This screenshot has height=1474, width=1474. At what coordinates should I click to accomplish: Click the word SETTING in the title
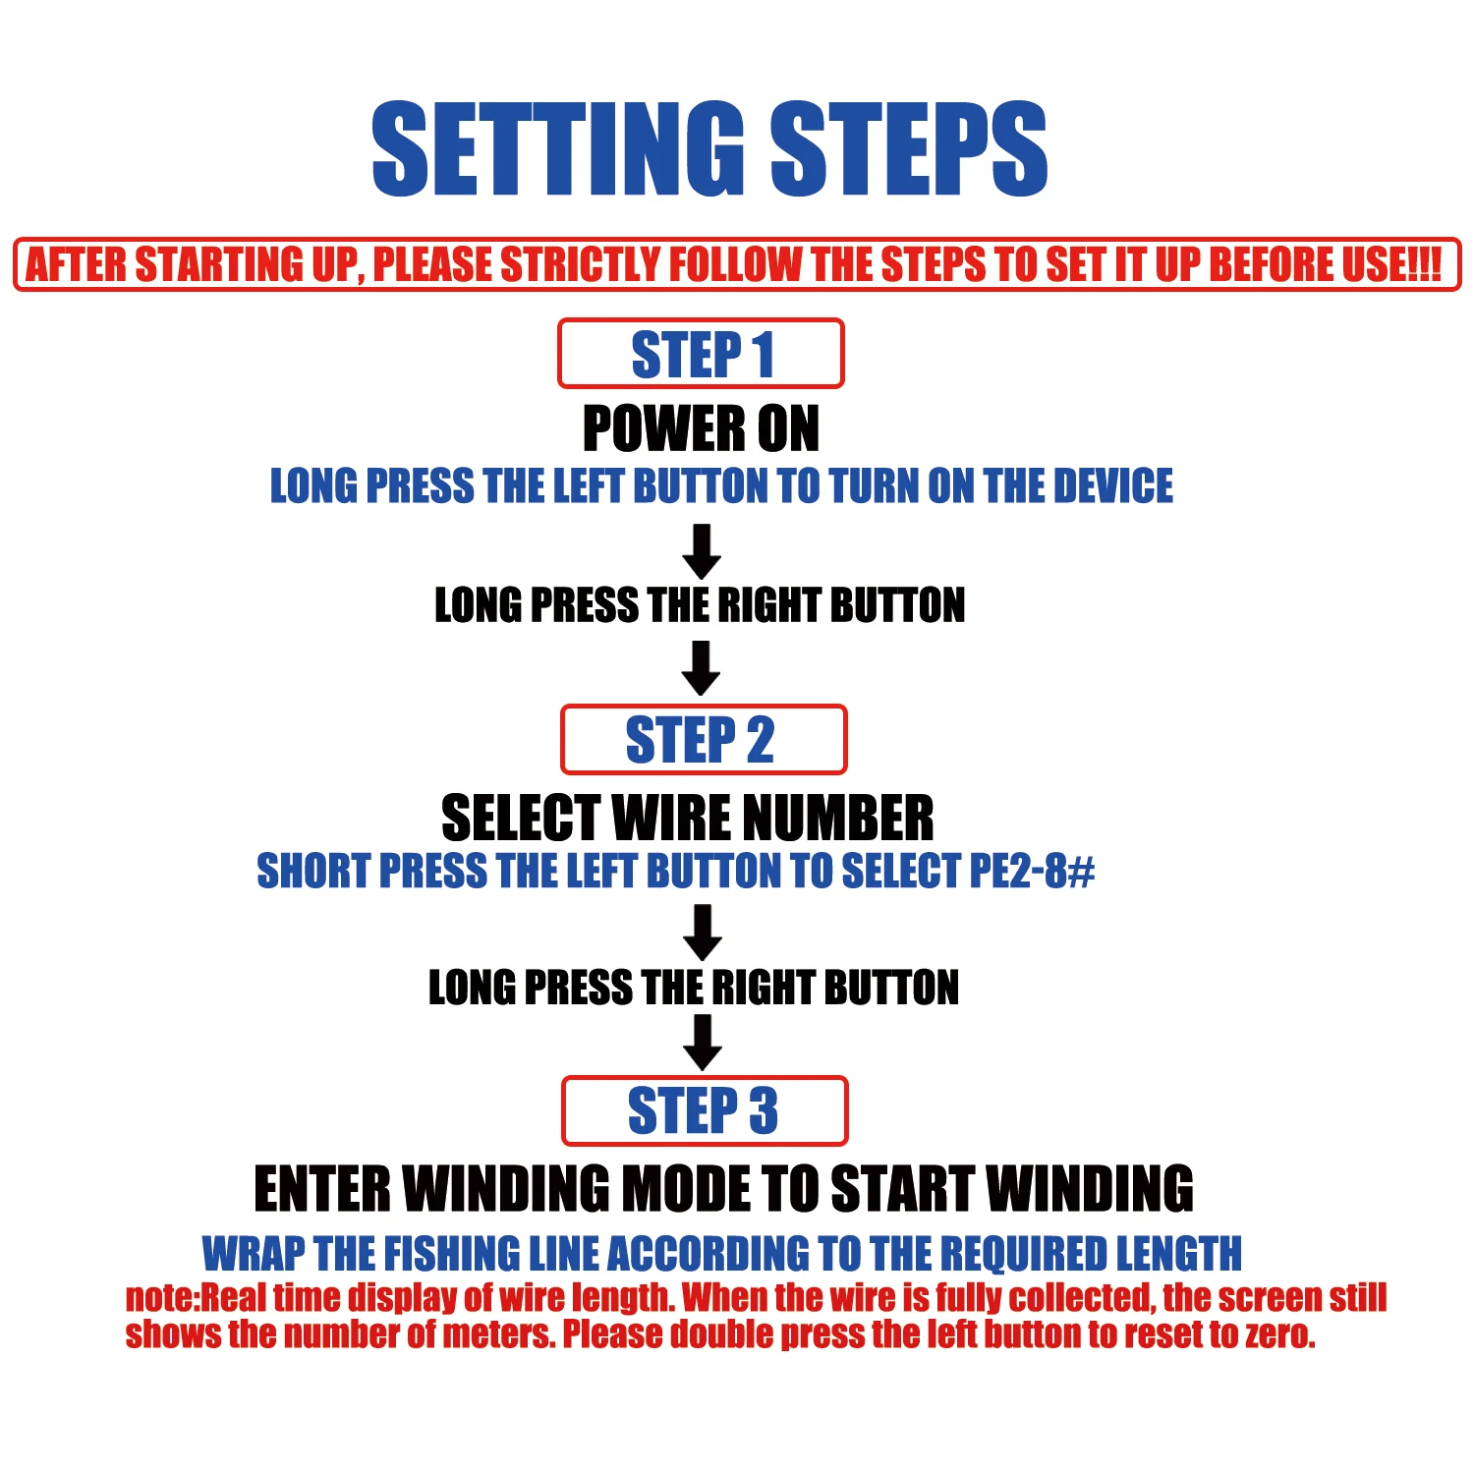click(558, 149)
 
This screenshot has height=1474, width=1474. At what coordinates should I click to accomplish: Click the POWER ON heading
click(701, 428)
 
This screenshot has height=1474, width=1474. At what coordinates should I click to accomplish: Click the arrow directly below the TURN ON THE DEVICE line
click(702, 551)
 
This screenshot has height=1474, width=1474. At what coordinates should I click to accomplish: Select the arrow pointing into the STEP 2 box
click(702, 668)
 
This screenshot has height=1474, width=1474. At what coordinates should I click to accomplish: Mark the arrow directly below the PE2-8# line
click(703, 933)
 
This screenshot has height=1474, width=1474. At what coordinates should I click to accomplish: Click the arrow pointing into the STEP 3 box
click(703, 1043)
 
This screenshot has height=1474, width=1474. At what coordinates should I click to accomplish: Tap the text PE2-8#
click(1032, 871)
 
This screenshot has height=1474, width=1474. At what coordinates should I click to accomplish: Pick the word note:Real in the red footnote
click(196, 1298)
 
